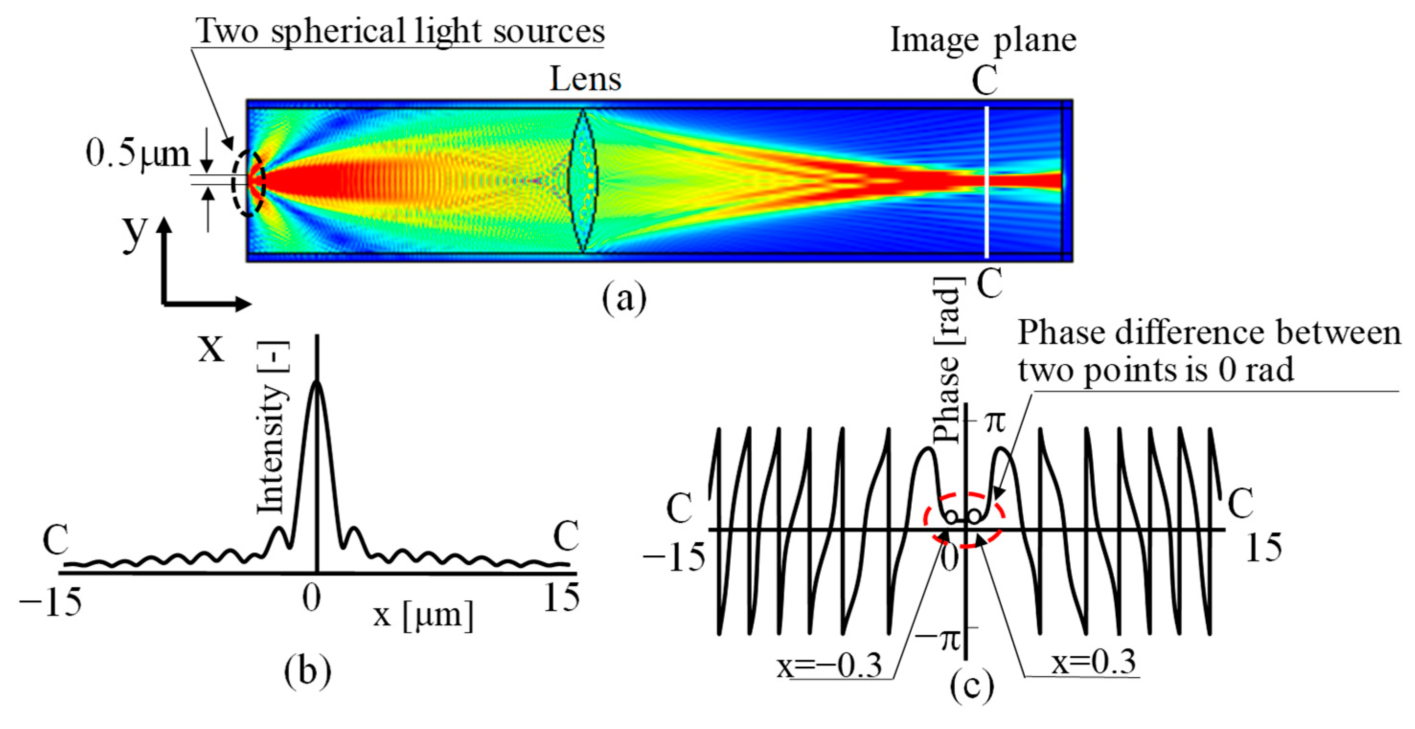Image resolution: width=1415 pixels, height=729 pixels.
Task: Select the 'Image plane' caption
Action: tap(983, 40)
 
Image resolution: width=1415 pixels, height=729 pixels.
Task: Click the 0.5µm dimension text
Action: tap(137, 154)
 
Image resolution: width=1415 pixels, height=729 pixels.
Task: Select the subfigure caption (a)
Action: tap(624, 298)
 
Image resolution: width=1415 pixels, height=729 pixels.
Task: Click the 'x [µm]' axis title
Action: tap(423, 615)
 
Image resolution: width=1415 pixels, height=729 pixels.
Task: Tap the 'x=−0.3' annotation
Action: tap(829, 666)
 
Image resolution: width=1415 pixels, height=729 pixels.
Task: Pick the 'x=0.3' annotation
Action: tap(1093, 662)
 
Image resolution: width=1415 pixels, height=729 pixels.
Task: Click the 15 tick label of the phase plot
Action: tap(1263, 548)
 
